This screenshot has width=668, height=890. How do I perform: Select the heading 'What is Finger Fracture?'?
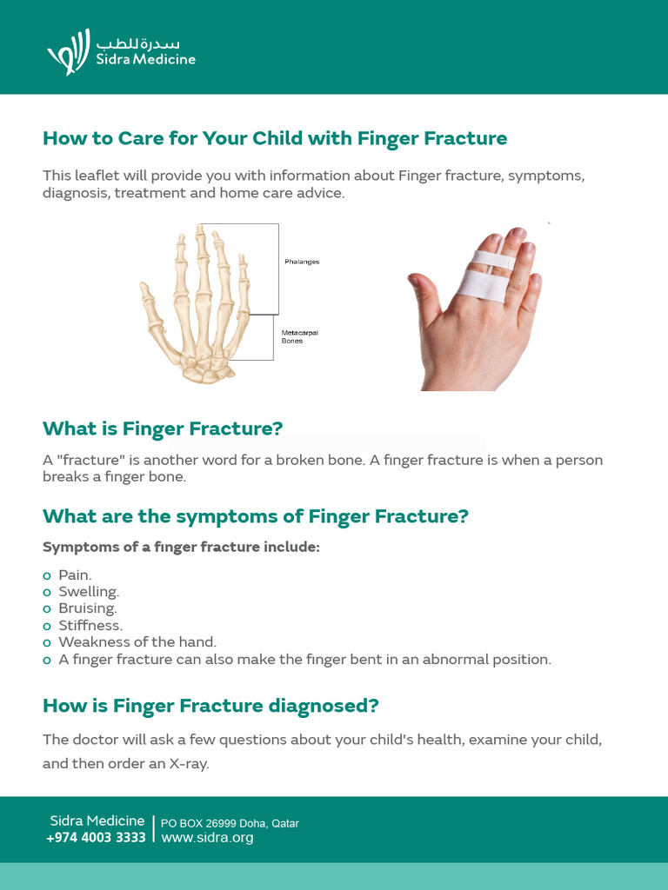click(x=163, y=428)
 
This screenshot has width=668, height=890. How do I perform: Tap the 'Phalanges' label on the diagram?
click(x=302, y=262)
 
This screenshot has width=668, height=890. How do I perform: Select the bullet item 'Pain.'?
click(x=75, y=575)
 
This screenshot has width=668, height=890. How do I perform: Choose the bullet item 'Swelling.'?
click(x=88, y=592)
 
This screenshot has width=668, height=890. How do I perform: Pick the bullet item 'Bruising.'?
click(x=87, y=608)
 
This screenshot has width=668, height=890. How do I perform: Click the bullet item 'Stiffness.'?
click(x=90, y=625)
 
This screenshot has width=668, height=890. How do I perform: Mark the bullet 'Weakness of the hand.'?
click(x=137, y=642)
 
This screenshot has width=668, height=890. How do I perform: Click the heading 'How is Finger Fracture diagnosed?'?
click(x=210, y=706)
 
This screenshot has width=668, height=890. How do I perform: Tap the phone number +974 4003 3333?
click(x=96, y=838)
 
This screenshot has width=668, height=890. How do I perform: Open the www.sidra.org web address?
click(x=207, y=838)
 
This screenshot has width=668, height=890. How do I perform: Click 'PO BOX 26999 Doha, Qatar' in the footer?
click(x=230, y=823)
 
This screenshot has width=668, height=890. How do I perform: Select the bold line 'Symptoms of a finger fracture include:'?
click(x=181, y=548)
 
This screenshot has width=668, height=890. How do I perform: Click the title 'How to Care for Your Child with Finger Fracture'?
click(x=275, y=138)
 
